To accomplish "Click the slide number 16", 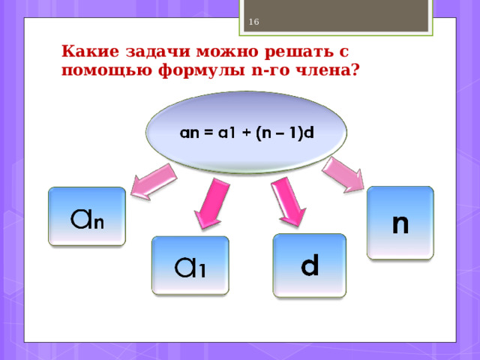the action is tap(253, 22).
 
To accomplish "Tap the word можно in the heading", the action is tap(227, 52).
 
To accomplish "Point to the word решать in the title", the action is tap(298, 52).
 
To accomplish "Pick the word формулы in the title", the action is tap(202, 71).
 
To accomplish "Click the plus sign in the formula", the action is tap(246, 133).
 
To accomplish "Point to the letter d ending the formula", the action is tap(309, 133).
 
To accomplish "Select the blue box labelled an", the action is tap(87, 216).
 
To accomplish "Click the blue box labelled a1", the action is tap(190, 265).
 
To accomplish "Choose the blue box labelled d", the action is tap(310, 265).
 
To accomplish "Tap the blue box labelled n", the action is tap(400, 223).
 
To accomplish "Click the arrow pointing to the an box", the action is tap(154, 181).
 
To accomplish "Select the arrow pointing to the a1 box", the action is tap(211, 203).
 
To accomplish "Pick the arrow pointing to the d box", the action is tap(288, 202).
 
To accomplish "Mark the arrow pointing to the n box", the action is tap(343, 175).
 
